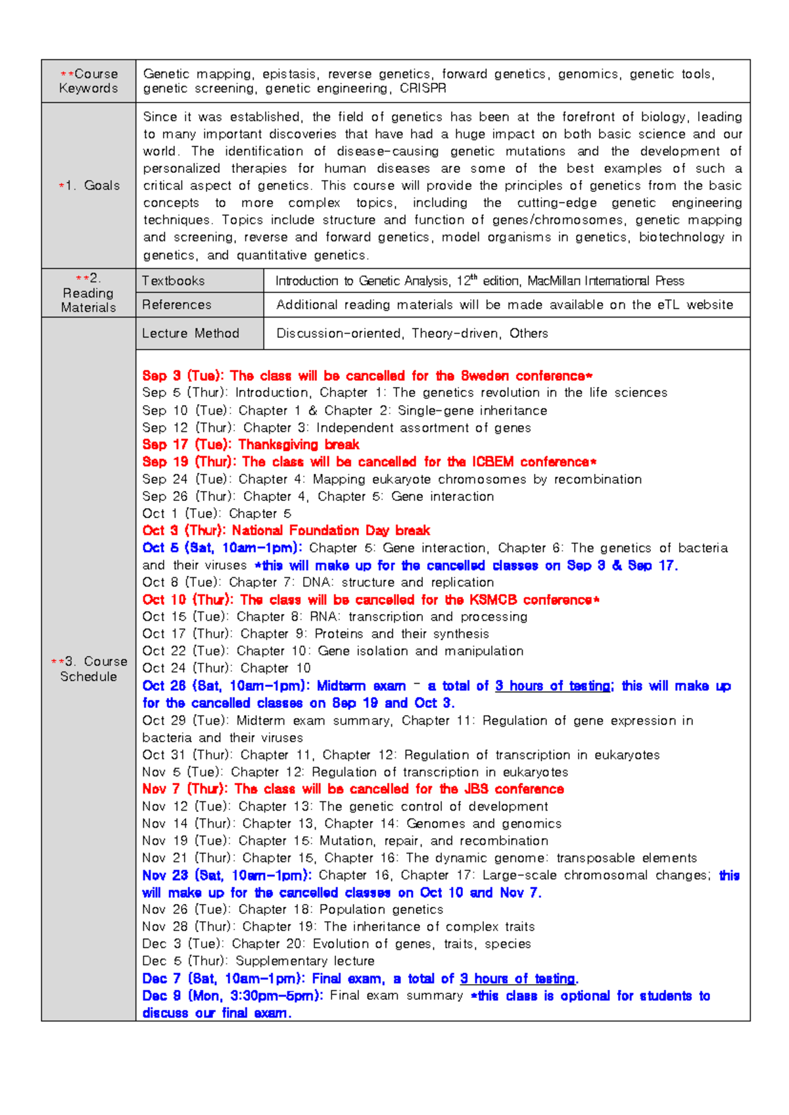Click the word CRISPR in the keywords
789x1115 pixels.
[x=423, y=89]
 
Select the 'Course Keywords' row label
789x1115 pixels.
[x=89, y=81]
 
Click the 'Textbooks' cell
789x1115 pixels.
[x=174, y=281]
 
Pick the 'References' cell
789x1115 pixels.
[x=177, y=304]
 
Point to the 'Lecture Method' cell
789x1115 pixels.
[x=191, y=333]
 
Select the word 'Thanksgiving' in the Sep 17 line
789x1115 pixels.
[x=279, y=444]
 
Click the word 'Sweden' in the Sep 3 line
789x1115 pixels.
[x=485, y=376]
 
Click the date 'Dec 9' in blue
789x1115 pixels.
[x=162, y=995]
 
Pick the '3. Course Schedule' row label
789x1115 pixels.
[x=89, y=669]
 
